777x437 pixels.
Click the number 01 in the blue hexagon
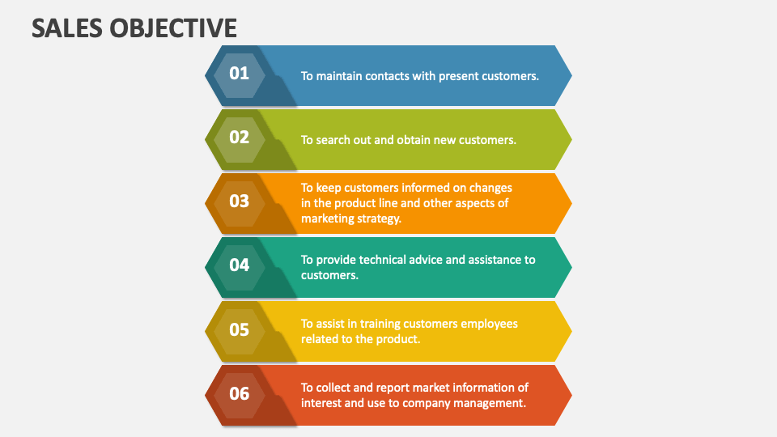tap(239, 73)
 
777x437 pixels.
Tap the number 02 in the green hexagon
tap(239, 137)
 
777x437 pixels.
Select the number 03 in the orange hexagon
tap(239, 201)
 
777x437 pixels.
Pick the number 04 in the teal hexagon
tap(239, 265)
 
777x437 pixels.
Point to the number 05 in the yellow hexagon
tap(239, 329)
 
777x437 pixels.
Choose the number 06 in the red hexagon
tap(239, 393)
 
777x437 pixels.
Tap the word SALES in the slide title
tap(62, 28)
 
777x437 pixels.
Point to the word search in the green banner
tap(333, 140)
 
